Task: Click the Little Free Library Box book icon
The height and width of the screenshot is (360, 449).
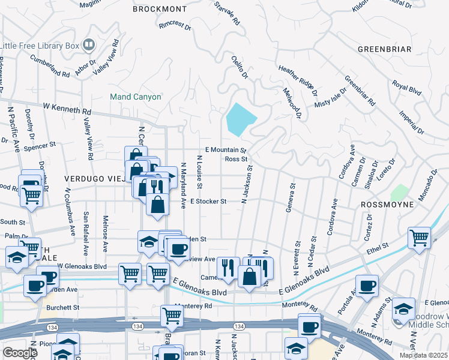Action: coord(89,44)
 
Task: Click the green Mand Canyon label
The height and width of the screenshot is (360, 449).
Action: coord(136,97)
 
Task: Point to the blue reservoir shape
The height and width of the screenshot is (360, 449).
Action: coord(241,119)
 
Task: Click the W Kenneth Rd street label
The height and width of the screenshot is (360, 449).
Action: coord(67,109)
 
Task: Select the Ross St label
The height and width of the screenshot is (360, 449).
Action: coord(236,159)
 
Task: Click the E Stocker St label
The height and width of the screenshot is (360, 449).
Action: coord(208,202)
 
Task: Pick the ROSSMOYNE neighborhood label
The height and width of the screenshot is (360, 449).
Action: coord(388,205)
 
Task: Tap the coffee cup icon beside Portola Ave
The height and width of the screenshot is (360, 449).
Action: coord(367,284)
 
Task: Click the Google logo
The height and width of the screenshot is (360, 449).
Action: coord(20,353)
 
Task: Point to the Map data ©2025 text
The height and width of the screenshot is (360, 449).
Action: coord(423,355)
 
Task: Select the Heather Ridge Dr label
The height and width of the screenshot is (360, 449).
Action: coord(297,81)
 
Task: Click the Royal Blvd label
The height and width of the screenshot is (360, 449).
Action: coord(406,87)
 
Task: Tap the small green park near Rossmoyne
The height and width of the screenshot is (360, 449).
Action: coord(398,193)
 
